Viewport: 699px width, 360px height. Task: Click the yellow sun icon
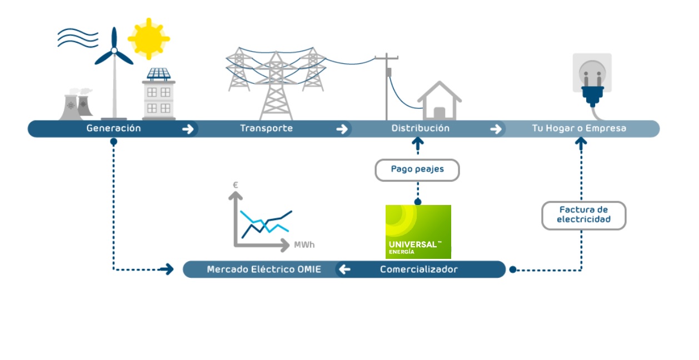click(x=148, y=38)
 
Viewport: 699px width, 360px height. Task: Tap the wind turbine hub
click(x=114, y=51)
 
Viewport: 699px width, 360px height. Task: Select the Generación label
click(x=113, y=128)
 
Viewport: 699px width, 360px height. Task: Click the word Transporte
click(x=266, y=128)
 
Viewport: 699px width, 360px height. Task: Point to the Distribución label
click(x=420, y=128)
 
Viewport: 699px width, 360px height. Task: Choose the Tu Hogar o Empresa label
click(x=579, y=128)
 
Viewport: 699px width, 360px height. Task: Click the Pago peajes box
click(x=417, y=169)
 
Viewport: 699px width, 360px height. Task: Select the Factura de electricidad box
click(x=583, y=215)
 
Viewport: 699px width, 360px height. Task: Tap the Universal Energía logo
click(x=418, y=232)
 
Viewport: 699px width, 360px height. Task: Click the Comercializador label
click(x=419, y=269)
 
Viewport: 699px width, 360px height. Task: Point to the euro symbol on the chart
click(x=236, y=184)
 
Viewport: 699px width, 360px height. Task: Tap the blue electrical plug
click(x=592, y=92)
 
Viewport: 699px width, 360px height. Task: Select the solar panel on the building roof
click(x=159, y=73)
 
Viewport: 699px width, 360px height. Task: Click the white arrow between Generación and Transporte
click(x=188, y=129)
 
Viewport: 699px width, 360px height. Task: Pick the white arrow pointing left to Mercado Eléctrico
click(x=345, y=269)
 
